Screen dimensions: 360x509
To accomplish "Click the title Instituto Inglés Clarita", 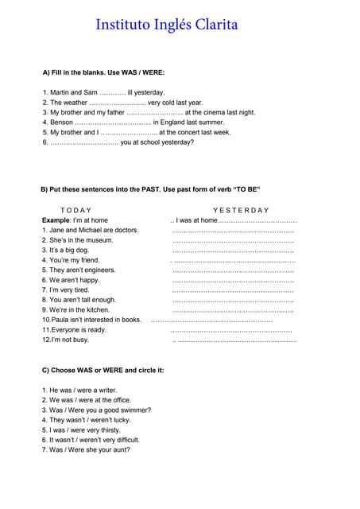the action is (x=167, y=25).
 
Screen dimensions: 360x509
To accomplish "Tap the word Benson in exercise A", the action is (x=60, y=122).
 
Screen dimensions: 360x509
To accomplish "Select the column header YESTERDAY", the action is (x=242, y=209).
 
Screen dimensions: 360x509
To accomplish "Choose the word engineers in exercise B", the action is (x=99, y=270).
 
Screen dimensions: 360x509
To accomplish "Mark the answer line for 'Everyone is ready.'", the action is (x=231, y=330).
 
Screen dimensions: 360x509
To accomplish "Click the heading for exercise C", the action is (x=103, y=370).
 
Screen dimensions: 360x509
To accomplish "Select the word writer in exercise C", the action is (x=106, y=390).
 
